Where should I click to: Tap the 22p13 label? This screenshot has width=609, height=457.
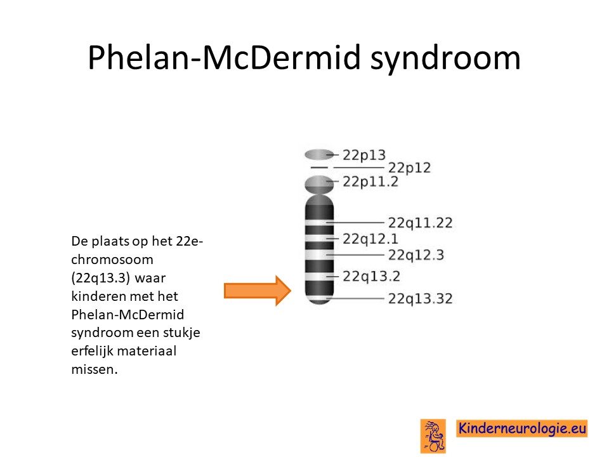click(x=364, y=156)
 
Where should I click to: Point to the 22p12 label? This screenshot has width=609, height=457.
click(x=409, y=168)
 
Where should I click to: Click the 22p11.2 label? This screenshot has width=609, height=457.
click(x=370, y=182)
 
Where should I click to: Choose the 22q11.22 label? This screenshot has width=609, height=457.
click(x=420, y=223)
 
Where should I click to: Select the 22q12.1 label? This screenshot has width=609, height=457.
click(x=370, y=239)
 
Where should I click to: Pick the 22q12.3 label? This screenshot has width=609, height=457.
click(x=416, y=255)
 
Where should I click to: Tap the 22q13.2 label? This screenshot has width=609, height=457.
click(x=371, y=276)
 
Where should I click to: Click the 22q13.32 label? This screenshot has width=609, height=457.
click(x=420, y=299)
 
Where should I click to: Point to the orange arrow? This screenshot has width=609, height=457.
click(x=258, y=291)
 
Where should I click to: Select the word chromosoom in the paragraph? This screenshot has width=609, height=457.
click(x=112, y=260)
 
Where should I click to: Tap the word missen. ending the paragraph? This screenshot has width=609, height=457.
click(x=95, y=369)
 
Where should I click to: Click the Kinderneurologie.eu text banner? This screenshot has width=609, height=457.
click(x=521, y=428)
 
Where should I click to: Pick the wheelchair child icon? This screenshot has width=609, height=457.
click(x=433, y=436)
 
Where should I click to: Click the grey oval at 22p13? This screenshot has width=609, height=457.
click(x=319, y=155)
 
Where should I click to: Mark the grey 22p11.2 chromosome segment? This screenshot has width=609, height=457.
click(x=319, y=185)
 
